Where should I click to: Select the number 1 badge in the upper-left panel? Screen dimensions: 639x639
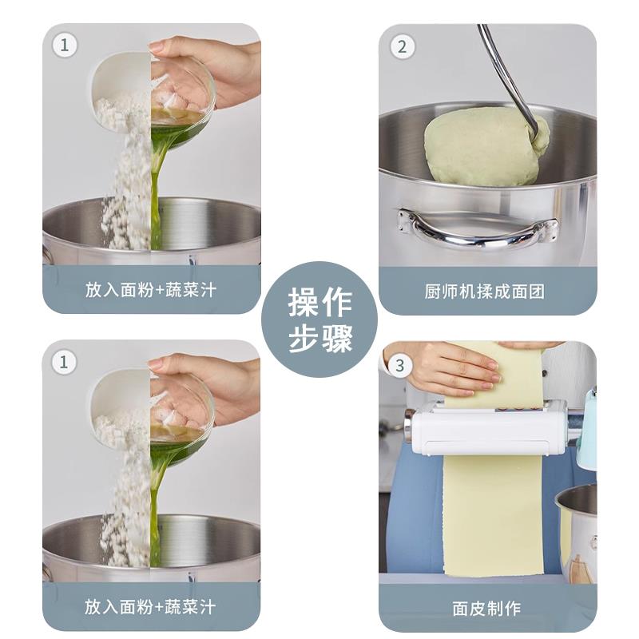pos(65,46)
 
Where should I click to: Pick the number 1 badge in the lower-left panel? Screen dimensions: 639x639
pos(65,362)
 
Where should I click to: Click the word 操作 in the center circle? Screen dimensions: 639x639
pos(319,303)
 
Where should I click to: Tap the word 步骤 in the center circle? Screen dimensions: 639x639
pos(319,339)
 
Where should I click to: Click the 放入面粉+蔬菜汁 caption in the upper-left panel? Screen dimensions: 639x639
pos(150,290)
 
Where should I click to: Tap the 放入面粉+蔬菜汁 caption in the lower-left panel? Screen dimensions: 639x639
pos(150,607)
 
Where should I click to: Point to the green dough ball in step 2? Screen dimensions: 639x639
pos(482,148)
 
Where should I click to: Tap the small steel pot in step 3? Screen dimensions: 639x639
pos(577,531)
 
